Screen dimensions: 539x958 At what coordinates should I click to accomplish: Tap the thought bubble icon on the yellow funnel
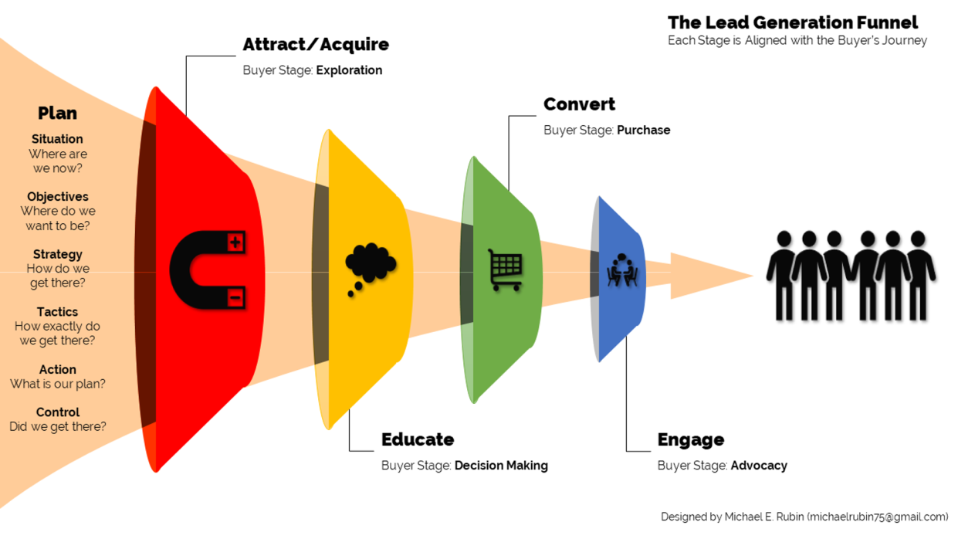370,267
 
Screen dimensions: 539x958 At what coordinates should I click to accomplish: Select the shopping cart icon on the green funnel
505,269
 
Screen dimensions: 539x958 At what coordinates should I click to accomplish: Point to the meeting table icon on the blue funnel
622,270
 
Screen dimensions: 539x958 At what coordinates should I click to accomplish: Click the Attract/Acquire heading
316,45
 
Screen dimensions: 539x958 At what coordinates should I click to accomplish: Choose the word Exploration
349,70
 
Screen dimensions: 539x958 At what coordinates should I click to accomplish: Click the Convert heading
579,104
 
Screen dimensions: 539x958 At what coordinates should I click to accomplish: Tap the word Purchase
643,131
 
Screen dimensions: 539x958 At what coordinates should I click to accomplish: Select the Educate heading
418,439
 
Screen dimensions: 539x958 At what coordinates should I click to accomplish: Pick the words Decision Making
501,466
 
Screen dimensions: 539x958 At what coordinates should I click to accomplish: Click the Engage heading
690,439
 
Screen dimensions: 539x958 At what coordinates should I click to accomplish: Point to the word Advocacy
759,466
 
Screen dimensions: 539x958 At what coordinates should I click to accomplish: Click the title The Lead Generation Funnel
793,22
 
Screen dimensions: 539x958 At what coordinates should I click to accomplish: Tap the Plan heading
57,114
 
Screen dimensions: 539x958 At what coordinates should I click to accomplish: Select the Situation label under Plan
57,139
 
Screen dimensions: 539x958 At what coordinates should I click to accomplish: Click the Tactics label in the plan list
57,312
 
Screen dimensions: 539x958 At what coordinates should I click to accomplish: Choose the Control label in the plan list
58,412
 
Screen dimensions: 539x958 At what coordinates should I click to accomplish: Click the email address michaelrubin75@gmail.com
879,517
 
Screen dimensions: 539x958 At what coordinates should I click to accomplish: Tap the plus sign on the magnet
236,242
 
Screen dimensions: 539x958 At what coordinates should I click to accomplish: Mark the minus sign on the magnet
236,297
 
